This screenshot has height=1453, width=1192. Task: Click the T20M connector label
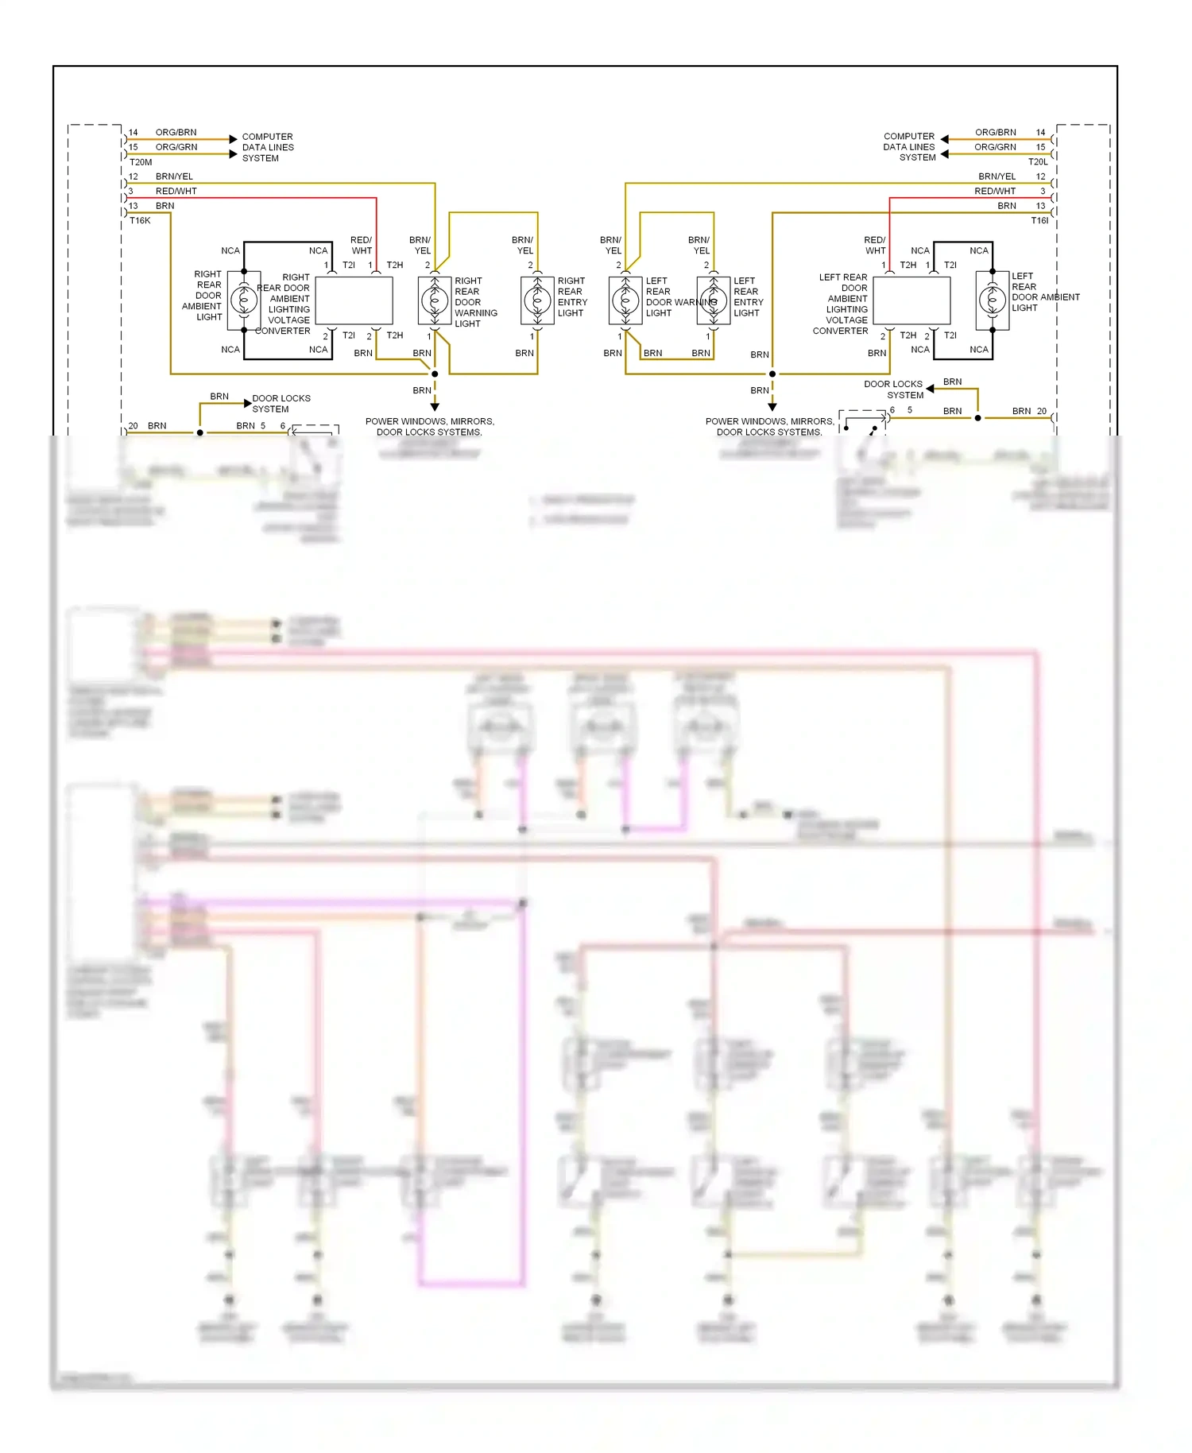(x=141, y=162)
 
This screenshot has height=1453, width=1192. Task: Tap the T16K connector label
(x=140, y=221)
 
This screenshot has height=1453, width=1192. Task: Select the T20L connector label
(x=1038, y=162)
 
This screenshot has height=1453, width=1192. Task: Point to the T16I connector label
(x=1039, y=221)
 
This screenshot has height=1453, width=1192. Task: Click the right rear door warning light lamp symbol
(x=435, y=300)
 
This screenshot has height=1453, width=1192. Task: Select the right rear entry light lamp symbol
(x=537, y=300)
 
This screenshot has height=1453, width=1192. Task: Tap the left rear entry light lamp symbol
(x=714, y=300)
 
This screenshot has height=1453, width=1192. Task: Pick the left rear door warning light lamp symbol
(x=625, y=300)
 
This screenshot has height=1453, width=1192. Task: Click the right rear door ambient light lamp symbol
(x=244, y=300)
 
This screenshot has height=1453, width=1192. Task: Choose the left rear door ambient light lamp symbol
(x=993, y=300)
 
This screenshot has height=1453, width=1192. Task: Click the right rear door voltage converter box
(x=354, y=300)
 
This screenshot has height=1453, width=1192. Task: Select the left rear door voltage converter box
(x=911, y=300)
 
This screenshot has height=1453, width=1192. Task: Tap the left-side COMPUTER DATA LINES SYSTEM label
(x=268, y=147)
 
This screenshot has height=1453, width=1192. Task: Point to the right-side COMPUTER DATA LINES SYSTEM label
(x=909, y=147)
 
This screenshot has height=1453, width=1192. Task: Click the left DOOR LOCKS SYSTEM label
(x=281, y=404)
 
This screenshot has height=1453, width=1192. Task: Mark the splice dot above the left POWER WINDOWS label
(x=435, y=374)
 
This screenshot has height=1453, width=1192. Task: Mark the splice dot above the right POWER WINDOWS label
(x=772, y=374)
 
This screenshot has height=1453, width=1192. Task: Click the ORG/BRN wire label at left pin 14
(x=176, y=133)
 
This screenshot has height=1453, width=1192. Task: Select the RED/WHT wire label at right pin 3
(x=995, y=192)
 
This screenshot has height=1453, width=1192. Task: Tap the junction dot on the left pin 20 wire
(x=200, y=432)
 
